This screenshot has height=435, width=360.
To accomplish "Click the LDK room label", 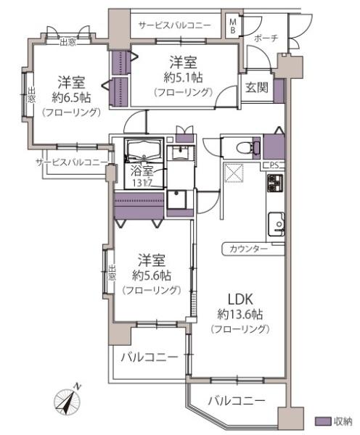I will click(240, 299).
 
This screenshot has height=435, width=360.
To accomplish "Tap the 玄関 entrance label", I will click(255, 88).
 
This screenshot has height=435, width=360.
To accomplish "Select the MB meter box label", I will click(233, 26).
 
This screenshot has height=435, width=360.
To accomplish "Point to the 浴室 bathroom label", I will click(142, 172).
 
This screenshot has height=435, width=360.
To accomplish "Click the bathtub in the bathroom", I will click(145, 151).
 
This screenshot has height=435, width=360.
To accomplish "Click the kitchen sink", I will click(277, 223).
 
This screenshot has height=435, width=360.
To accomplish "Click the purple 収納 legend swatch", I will click(322, 421).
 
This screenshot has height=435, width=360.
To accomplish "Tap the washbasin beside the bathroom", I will click(179, 153).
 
